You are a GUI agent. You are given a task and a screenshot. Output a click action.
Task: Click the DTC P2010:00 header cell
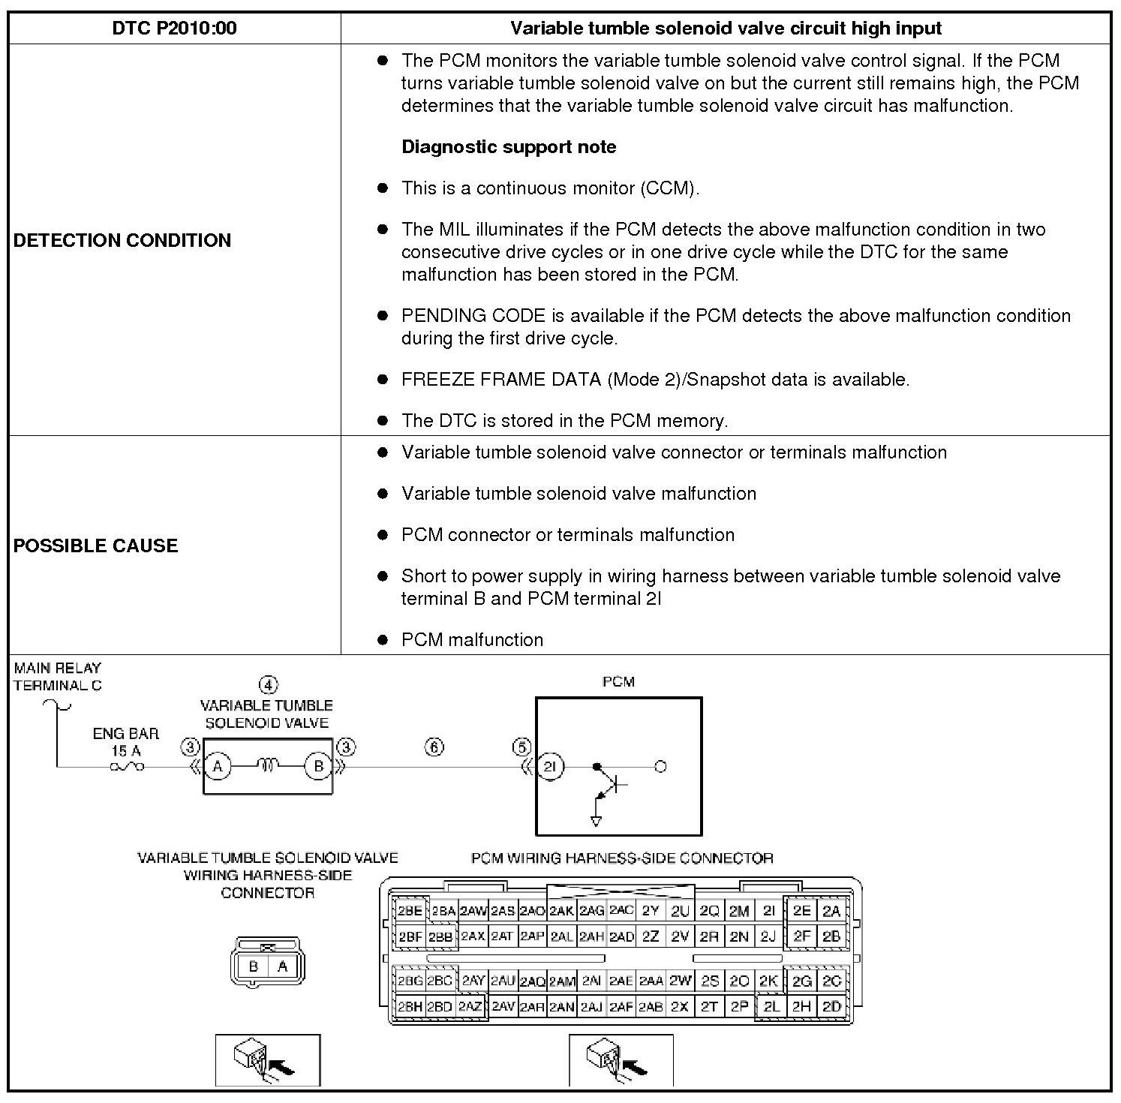(x=174, y=29)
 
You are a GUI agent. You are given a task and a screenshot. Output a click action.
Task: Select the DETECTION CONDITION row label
(x=122, y=240)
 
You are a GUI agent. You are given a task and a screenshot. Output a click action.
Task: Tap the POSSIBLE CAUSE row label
(x=96, y=545)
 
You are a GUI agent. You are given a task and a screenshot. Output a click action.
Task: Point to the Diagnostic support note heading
(x=509, y=147)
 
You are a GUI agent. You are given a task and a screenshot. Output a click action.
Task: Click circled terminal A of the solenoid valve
(x=218, y=766)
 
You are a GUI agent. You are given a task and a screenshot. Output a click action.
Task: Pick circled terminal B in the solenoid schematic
(x=318, y=766)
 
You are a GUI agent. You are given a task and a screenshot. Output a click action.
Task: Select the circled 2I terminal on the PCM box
(x=550, y=766)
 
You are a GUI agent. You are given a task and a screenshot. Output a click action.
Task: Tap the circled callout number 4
(x=268, y=684)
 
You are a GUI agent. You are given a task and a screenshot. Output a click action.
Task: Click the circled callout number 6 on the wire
(x=434, y=747)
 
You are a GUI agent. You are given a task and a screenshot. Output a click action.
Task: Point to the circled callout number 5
(x=521, y=747)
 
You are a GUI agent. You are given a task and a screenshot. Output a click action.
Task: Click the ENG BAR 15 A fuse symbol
(x=127, y=767)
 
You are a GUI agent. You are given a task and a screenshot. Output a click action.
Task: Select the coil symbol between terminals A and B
(x=268, y=765)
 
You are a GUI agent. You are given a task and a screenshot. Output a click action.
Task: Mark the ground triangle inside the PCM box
(x=597, y=821)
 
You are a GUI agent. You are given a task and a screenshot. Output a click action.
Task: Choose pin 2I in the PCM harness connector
(x=768, y=911)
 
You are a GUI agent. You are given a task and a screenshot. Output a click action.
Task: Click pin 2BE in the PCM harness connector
(x=410, y=911)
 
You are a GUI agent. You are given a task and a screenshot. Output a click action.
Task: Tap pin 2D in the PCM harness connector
(x=831, y=1007)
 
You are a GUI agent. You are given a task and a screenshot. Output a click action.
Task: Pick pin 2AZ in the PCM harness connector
(x=470, y=1007)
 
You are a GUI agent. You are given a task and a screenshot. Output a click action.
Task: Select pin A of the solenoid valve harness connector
(x=282, y=966)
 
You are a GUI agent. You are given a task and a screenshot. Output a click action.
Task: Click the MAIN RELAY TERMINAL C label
(x=57, y=676)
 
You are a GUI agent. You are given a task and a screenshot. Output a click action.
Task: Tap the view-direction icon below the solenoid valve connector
(x=268, y=1059)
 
